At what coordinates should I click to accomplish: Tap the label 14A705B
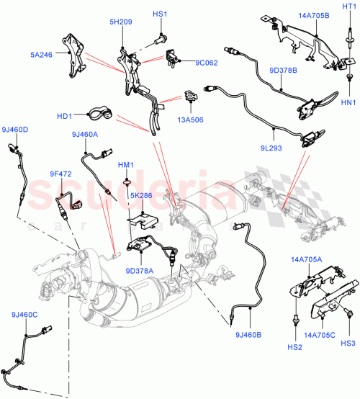[294, 14]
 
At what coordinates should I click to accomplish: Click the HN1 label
[348, 102]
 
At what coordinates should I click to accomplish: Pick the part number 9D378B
[283, 71]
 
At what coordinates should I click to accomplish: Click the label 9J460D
[14, 130]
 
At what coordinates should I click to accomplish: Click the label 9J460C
[25, 315]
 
